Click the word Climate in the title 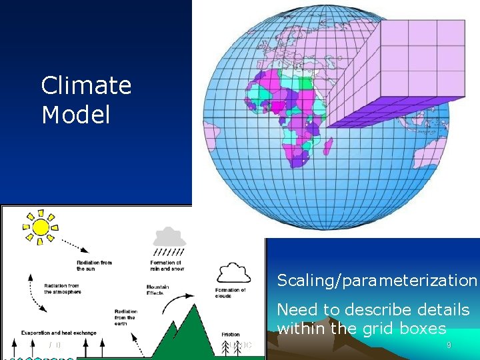[x=86, y=86]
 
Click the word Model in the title [x=75, y=115]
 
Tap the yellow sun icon [x=41, y=227]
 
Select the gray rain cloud [x=170, y=237]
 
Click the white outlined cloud [x=233, y=272]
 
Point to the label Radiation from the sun [x=94, y=265]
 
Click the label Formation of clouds [x=231, y=293]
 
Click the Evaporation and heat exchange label [x=59, y=333]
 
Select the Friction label [x=231, y=335]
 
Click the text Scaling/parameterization [x=377, y=281]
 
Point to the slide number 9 [x=449, y=345]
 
